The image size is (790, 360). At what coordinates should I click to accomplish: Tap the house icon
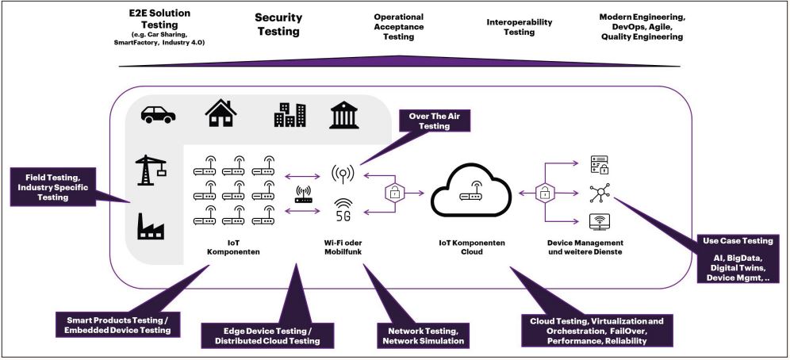[x=221, y=113]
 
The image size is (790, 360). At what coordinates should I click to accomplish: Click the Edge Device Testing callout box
[x=259, y=335]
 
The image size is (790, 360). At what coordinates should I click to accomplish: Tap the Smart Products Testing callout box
[x=117, y=324]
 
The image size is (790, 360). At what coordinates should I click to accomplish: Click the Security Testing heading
[x=277, y=25]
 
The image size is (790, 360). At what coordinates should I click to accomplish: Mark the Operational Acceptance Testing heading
[x=398, y=27]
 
